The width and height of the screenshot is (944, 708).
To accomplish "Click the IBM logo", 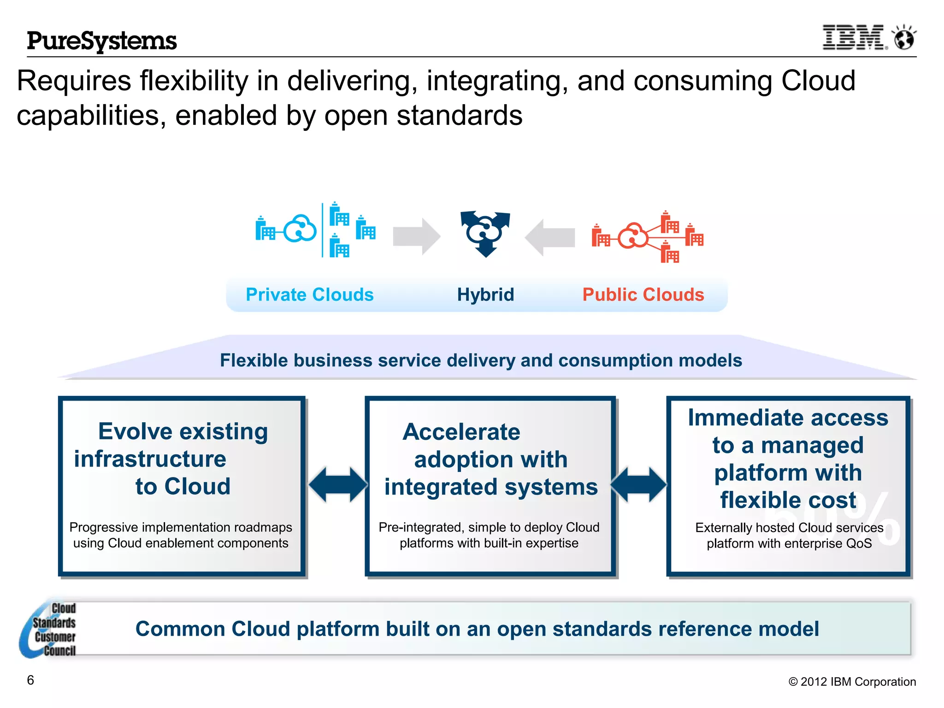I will click(x=854, y=37).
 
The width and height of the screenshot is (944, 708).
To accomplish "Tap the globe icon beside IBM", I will click(x=904, y=38).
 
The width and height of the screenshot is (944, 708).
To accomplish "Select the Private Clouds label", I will click(x=309, y=295).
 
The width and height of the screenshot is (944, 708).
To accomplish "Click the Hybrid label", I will click(x=485, y=295).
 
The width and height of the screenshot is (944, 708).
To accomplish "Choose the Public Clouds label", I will click(x=643, y=295).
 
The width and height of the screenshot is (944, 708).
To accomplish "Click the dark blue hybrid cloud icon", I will click(x=485, y=233).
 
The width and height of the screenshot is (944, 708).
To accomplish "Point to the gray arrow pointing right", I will click(x=416, y=236).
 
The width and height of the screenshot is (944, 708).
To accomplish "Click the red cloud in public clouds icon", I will click(x=632, y=236).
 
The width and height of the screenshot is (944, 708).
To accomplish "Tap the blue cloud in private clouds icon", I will click(x=300, y=229).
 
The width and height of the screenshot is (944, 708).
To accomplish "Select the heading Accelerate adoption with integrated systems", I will click(x=490, y=459).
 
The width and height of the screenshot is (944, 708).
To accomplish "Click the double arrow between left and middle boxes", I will click(x=338, y=484).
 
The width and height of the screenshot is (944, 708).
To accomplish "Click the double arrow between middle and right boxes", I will click(x=639, y=484).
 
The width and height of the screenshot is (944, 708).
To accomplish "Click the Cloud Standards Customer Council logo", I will click(x=48, y=629).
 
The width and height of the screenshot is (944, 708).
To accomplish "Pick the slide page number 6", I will click(x=30, y=680).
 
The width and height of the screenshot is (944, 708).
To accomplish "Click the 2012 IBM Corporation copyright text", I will click(x=852, y=682).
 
